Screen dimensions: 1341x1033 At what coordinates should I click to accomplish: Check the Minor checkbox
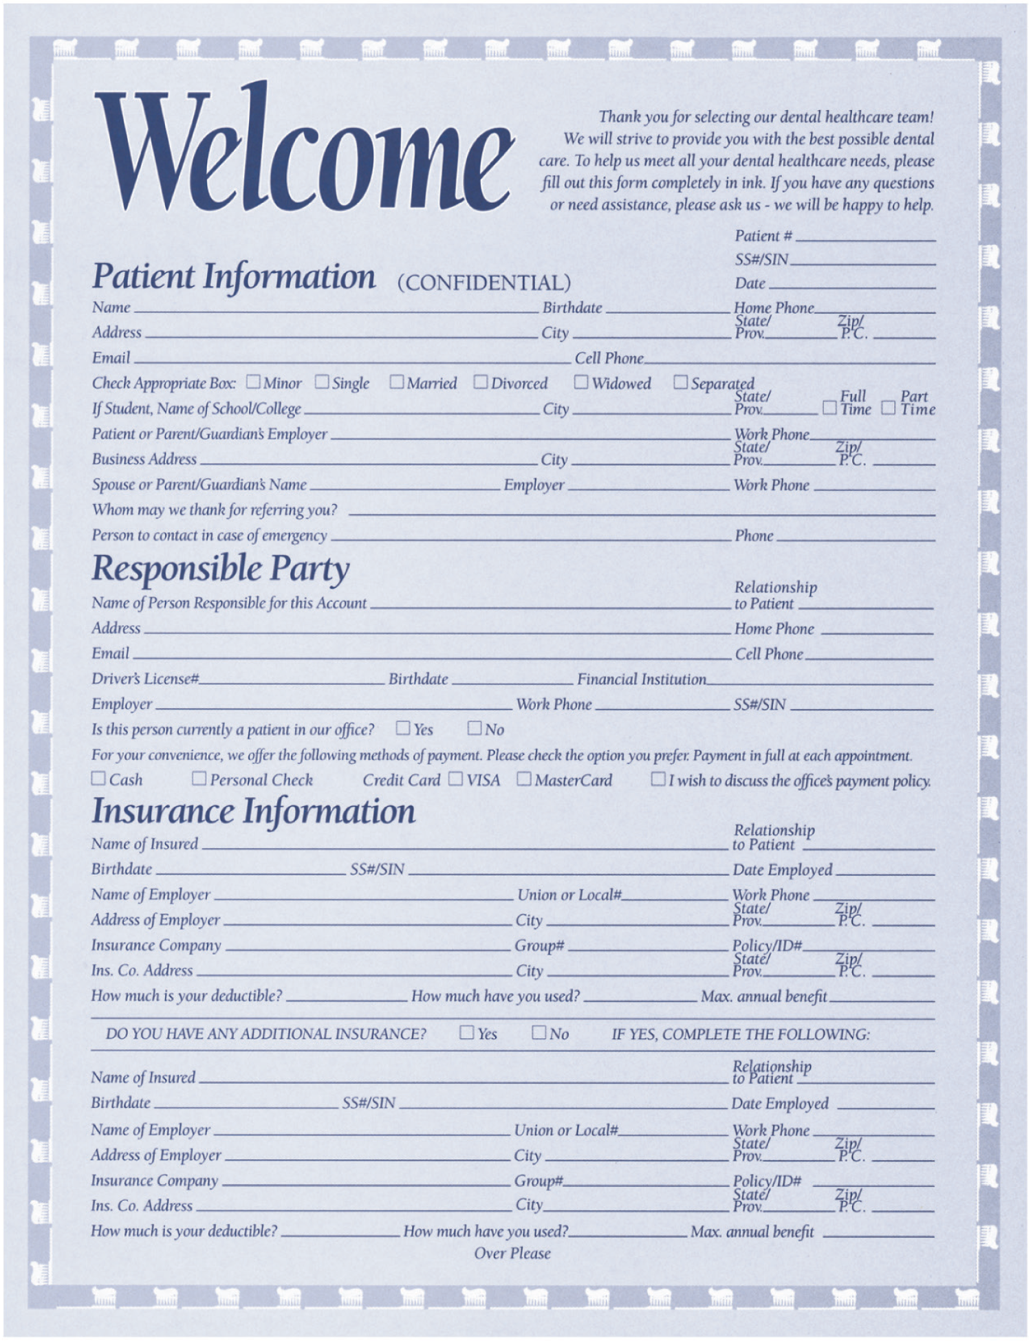point(253,382)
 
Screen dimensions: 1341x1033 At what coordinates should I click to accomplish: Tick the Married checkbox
point(397,382)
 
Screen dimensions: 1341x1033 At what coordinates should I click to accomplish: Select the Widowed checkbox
point(581,382)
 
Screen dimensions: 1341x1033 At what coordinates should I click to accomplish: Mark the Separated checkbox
point(680,382)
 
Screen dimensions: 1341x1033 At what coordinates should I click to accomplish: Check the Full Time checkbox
point(830,408)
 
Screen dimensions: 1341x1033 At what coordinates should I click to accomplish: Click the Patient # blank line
point(865,238)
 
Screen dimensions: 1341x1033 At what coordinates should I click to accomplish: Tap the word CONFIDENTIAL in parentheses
point(484,283)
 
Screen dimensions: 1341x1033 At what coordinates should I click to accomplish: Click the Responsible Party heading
point(221,569)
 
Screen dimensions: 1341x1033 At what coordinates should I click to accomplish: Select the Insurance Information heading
point(254,811)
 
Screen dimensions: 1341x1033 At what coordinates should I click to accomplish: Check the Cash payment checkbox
point(98,778)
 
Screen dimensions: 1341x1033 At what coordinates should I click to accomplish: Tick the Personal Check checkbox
point(199,778)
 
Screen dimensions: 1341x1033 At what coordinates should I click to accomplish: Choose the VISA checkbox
point(455,778)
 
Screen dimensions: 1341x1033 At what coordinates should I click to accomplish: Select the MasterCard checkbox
point(524,778)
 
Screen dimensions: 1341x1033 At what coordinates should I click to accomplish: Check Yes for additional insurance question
point(467,1032)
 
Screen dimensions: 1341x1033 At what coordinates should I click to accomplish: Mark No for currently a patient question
point(475,728)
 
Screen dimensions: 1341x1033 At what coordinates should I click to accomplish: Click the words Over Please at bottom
point(512,1254)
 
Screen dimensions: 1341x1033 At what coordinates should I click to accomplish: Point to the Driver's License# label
point(145,679)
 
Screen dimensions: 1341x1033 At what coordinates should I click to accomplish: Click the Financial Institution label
point(641,679)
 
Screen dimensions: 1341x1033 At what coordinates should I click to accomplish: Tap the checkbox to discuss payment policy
point(658,778)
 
